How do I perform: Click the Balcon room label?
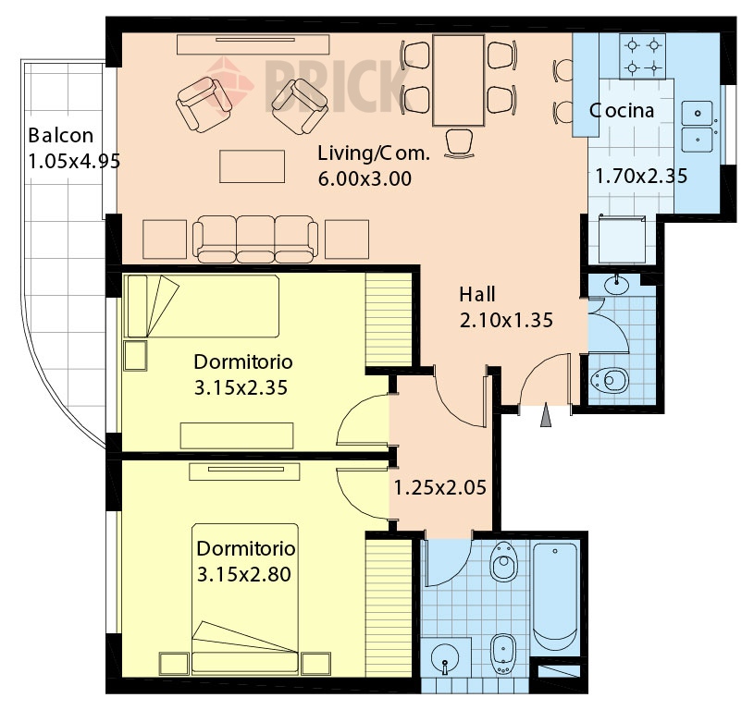(x=60, y=136)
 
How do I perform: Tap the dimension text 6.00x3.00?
(x=365, y=178)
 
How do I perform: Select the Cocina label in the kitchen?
(x=622, y=111)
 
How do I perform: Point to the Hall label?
(x=477, y=295)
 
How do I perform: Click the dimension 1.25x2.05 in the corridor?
(x=440, y=487)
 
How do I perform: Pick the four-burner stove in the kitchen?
(x=643, y=56)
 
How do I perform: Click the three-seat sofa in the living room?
(x=255, y=239)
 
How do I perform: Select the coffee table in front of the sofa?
(x=252, y=166)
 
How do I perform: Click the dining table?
(x=458, y=80)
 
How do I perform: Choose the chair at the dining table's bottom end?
(x=459, y=142)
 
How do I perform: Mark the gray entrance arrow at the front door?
(x=545, y=414)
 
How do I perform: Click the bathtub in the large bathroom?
(x=555, y=597)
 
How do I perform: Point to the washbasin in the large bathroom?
(x=445, y=657)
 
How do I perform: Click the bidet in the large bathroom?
(x=503, y=654)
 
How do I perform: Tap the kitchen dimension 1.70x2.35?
(x=641, y=177)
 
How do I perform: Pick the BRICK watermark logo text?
(x=332, y=90)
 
